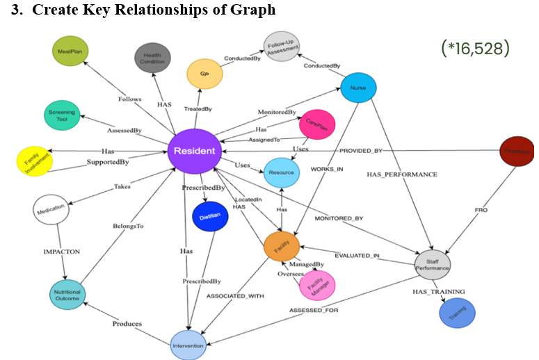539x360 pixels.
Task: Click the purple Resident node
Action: click(194, 151)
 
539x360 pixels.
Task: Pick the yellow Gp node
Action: click(204, 74)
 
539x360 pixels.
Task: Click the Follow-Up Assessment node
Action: click(282, 47)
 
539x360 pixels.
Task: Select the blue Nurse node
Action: click(358, 88)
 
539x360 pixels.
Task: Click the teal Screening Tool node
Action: click(63, 114)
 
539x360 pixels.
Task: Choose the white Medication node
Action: click(51, 208)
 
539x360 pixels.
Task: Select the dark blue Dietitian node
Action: click(210, 216)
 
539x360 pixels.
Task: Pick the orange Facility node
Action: click(281, 246)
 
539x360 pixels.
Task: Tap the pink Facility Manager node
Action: click(316, 284)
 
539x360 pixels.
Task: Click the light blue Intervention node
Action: click(189, 345)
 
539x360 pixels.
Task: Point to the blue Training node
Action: click(457, 312)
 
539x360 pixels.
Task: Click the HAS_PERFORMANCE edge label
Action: click(402, 174)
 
